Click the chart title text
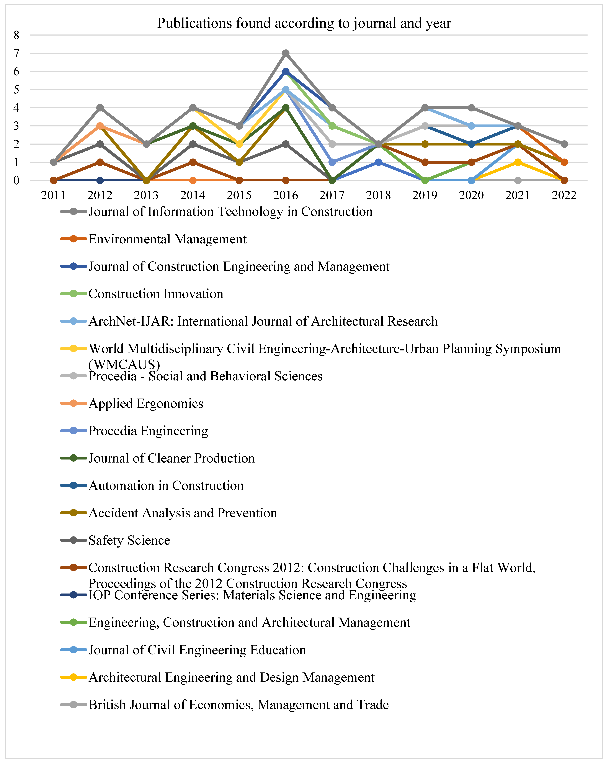point(304,23)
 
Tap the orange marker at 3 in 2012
point(100,126)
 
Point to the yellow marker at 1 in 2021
point(518,162)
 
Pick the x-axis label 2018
point(378,195)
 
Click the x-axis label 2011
point(53,195)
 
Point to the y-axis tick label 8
point(16,35)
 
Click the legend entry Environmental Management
point(167,239)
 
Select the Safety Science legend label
point(129,540)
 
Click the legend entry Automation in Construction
point(166,486)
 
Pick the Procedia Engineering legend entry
point(148,431)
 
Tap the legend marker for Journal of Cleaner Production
point(74,458)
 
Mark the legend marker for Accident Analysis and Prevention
point(74,513)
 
